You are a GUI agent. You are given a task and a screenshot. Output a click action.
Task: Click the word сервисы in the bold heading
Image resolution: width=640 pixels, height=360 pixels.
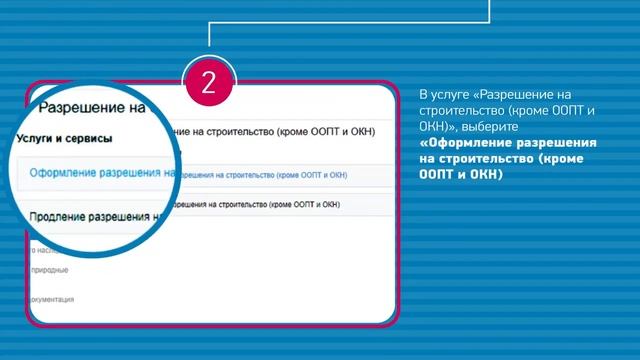(88, 138)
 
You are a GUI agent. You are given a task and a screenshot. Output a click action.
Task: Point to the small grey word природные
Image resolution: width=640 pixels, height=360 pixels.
(50, 271)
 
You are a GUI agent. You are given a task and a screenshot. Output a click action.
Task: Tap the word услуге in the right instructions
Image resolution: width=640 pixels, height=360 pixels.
(451, 94)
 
